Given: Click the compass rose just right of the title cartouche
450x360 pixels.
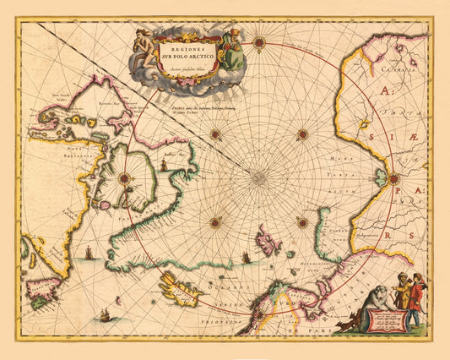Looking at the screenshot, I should point(259,41).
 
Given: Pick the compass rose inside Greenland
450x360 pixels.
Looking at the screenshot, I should point(124,177).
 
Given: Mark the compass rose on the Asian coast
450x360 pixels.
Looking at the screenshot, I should point(393,177).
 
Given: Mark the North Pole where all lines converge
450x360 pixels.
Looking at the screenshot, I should point(259,177).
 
